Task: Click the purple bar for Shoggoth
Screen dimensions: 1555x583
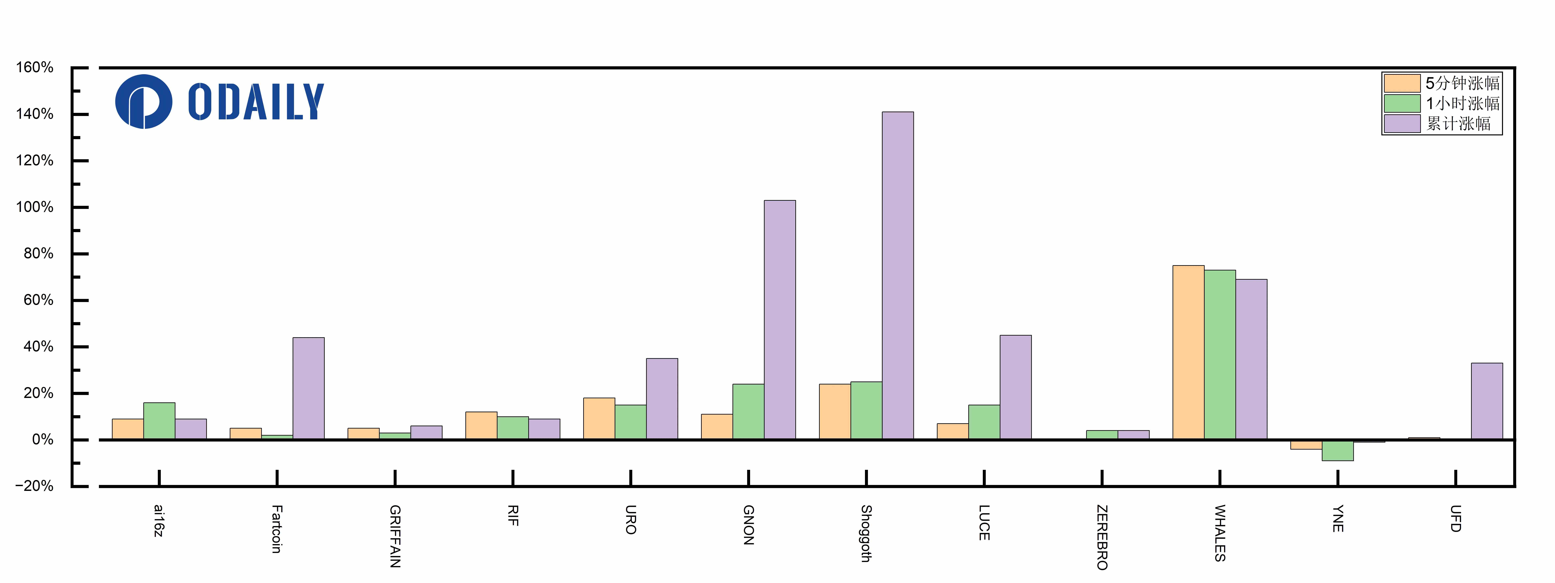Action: coord(898,275)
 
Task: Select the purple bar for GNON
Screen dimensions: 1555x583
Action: coord(780,320)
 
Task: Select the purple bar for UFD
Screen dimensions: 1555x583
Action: coord(1487,401)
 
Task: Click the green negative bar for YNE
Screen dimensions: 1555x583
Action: coord(1338,450)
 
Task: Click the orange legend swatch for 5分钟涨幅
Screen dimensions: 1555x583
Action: coord(1402,83)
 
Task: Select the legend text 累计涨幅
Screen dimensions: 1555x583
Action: coord(1458,124)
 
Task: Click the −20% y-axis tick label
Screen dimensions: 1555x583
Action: coord(34,486)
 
